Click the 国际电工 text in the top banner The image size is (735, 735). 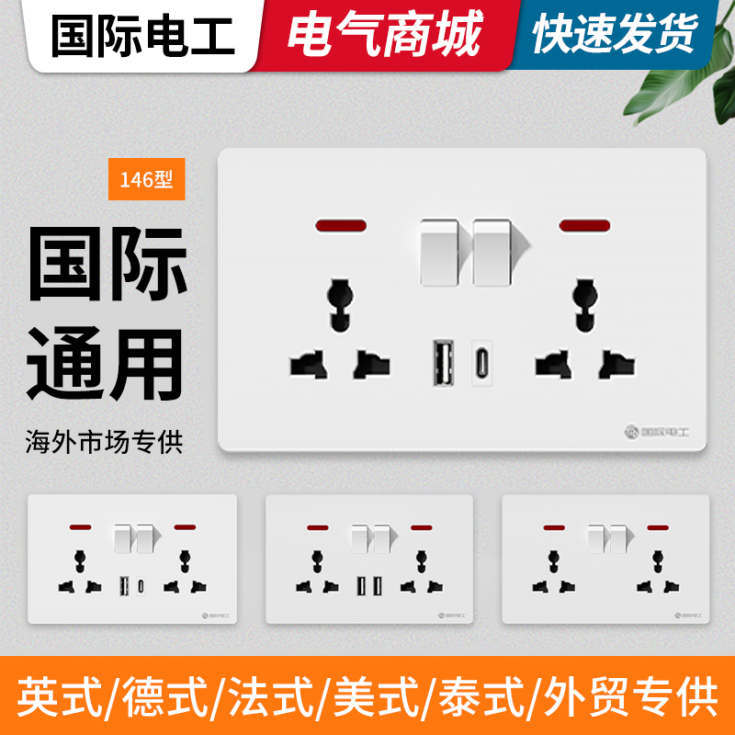pos(142,36)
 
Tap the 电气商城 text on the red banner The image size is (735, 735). pos(384,36)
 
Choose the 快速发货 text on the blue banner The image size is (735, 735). pos(614,36)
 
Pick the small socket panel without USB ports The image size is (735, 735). pos(605,559)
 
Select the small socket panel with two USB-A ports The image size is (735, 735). pos(369,559)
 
